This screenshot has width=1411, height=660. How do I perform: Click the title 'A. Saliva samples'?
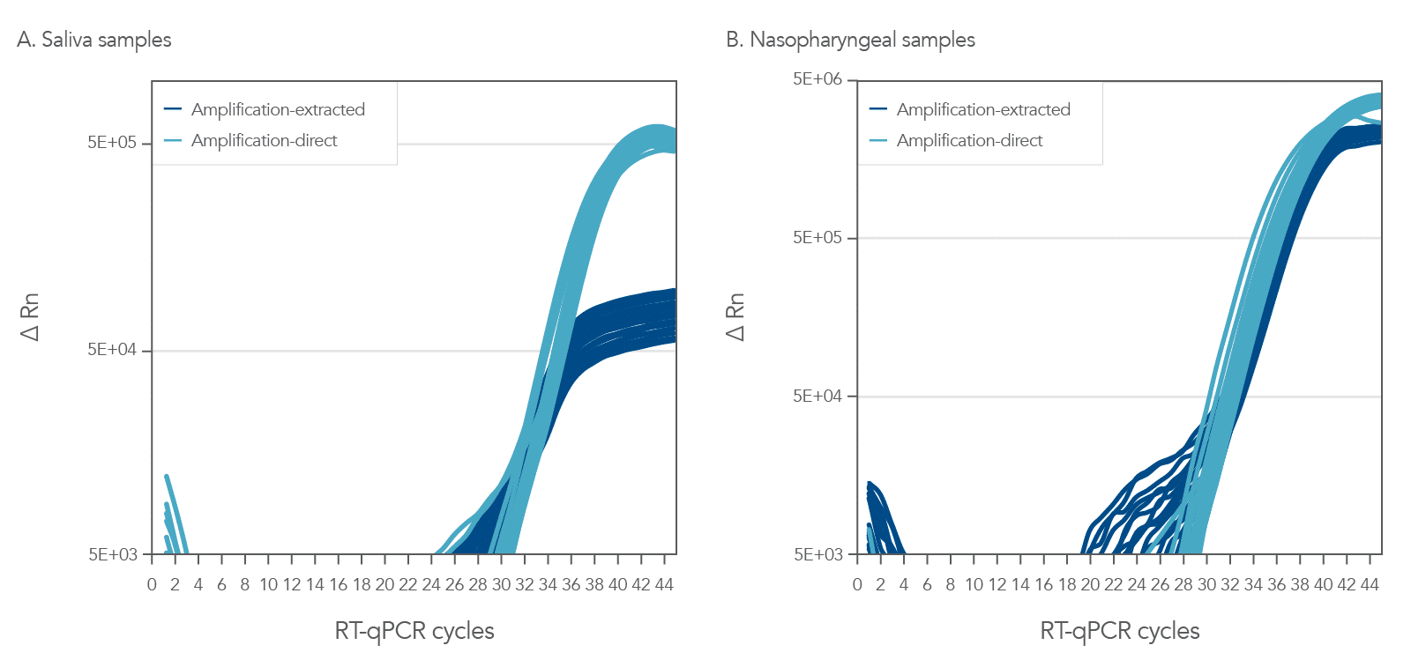coord(94,40)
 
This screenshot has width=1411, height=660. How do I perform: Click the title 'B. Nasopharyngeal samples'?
coord(850,40)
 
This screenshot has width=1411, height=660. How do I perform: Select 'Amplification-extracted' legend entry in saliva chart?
coord(277,109)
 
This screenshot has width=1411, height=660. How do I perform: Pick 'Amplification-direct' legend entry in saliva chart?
coord(264,140)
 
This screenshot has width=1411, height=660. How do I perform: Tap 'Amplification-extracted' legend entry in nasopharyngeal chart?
coord(982,109)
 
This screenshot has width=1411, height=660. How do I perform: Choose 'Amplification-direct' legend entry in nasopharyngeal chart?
coord(969,140)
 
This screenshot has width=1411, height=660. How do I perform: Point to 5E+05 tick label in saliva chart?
coord(112,143)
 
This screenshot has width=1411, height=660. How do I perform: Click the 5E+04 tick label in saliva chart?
coord(112,350)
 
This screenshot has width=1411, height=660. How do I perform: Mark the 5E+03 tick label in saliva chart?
coord(112,554)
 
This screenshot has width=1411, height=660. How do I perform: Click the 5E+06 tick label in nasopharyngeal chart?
coord(817,79)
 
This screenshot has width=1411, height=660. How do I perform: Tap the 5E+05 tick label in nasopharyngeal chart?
coord(817,237)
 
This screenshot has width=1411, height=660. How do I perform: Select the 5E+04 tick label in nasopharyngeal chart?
coord(817,396)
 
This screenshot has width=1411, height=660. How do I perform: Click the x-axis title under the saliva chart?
coord(414,631)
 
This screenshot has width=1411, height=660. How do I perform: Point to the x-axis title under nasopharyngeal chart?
coord(1119,631)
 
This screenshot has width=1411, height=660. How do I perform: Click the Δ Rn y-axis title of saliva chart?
coord(30,317)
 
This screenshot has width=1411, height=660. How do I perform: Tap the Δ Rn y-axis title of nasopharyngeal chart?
coord(735,317)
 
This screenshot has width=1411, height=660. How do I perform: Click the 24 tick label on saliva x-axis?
coord(431,584)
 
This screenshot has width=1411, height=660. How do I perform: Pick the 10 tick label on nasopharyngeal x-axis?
coord(974,584)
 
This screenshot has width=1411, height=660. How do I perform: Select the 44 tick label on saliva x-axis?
coord(664,584)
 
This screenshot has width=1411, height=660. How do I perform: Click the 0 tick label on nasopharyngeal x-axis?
coord(857,584)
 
